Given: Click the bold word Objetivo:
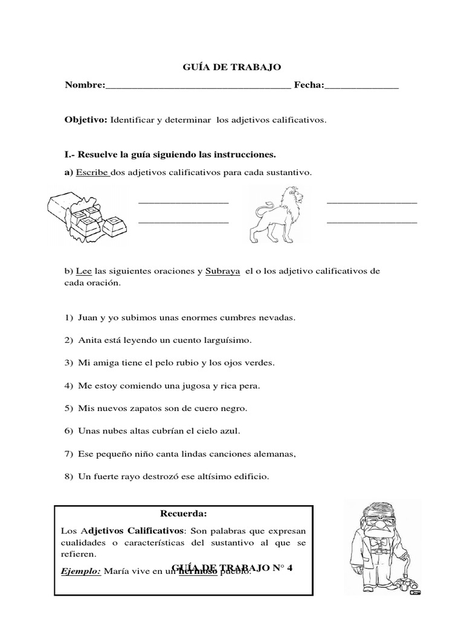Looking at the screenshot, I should click(86, 120).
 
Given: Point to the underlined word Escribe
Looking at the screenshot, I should click(92, 173).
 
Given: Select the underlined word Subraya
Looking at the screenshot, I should click(223, 271).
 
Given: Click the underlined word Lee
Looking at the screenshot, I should click(84, 271).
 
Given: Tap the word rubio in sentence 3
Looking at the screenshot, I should click(184, 363).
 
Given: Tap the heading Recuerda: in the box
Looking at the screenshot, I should click(183, 514).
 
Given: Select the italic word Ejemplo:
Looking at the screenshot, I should click(82, 570).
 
